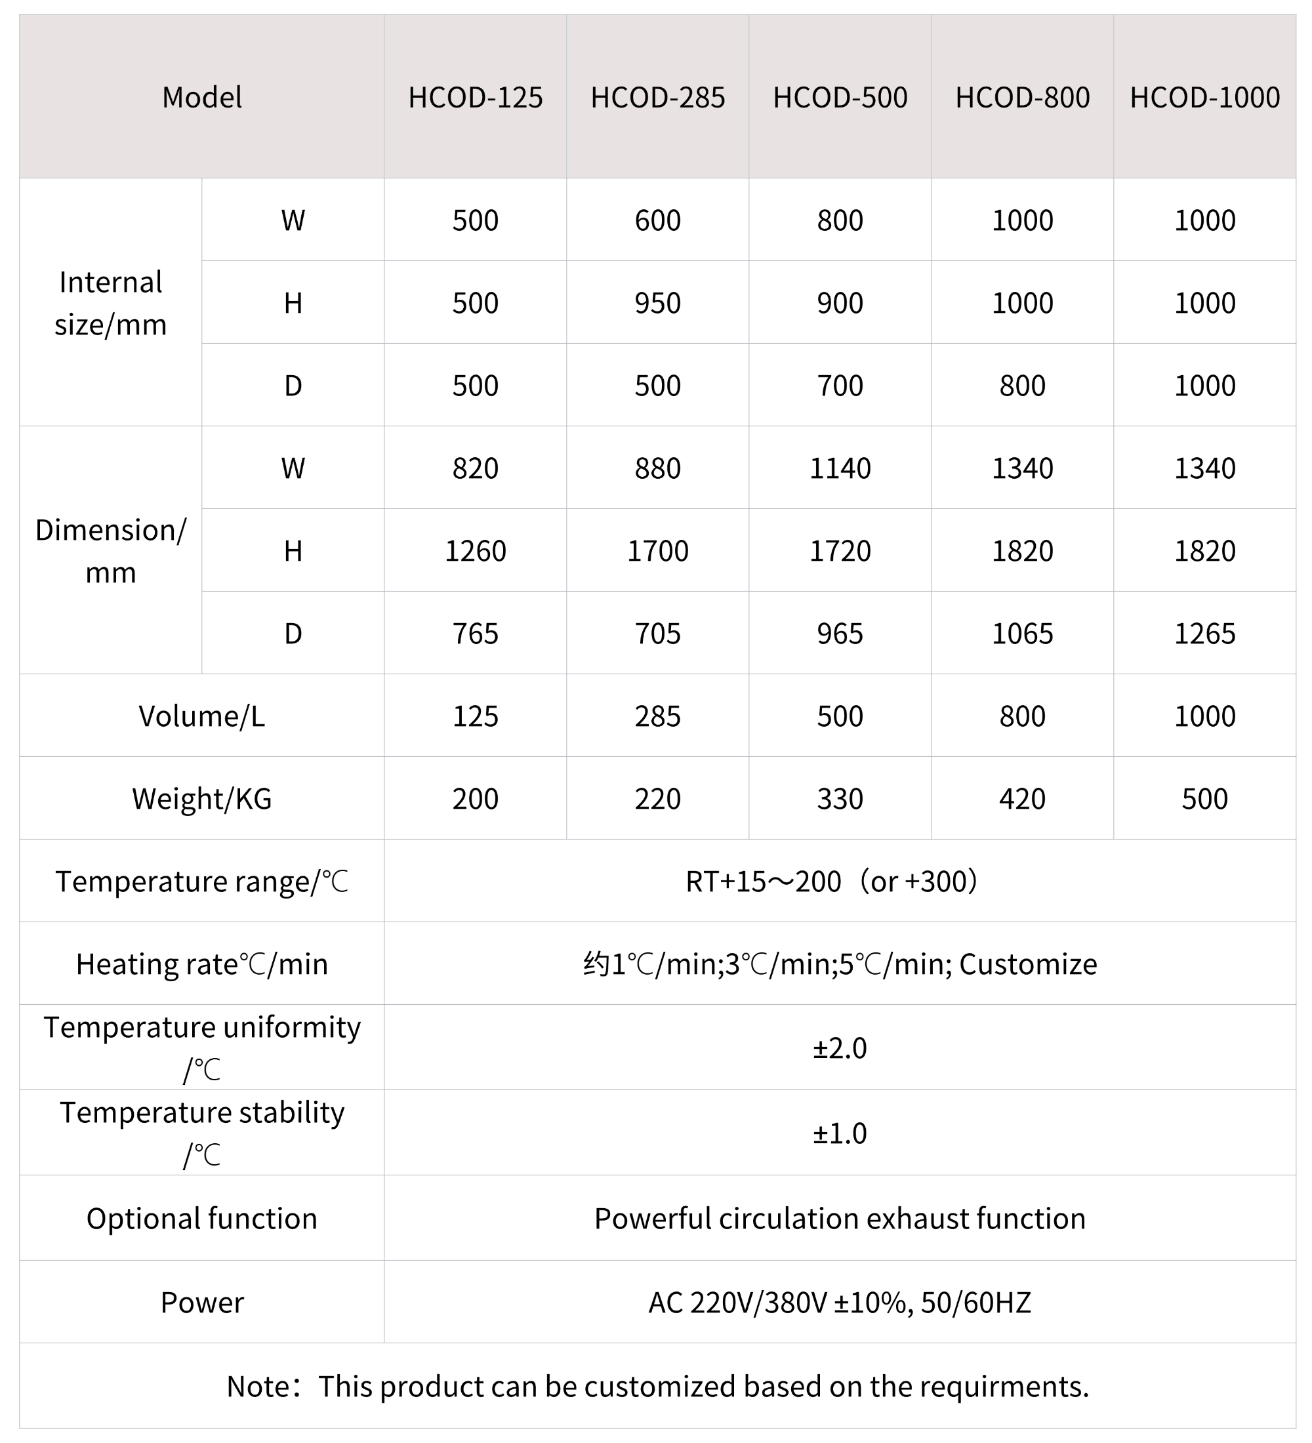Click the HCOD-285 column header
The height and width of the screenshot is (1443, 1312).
[657, 97]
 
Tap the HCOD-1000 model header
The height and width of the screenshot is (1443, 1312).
[1204, 97]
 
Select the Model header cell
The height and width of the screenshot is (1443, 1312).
[202, 97]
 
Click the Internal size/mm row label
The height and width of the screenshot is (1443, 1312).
[111, 303]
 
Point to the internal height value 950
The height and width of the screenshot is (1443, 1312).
[657, 303]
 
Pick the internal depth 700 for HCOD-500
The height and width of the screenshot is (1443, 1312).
[840, 386]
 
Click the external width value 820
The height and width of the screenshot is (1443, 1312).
[475, 468]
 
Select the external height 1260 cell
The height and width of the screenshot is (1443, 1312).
[475, 551]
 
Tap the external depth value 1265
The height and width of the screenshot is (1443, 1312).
[1204, 634]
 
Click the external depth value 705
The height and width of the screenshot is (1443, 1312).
[657, 634]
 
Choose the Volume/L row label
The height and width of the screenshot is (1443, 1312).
[202, 716]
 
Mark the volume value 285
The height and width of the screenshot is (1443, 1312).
[657, 716]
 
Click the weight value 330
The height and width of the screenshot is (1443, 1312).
[840, 799]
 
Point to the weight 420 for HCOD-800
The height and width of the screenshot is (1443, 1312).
[1022, 799]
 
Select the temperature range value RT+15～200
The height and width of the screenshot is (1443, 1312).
[763, 882]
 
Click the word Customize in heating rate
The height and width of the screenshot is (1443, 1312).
[1028, 964]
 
